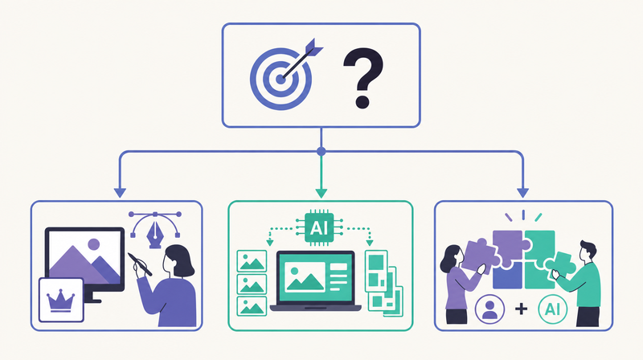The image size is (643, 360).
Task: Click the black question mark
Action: click(363, 78)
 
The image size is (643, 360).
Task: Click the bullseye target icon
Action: click(281, 79)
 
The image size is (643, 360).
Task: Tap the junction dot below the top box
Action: click(321, 151)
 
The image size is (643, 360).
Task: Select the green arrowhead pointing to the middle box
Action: click(321, 193)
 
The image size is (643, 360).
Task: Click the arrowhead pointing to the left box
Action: click(120, 193)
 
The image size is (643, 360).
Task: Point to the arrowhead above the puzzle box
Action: click(522, 193)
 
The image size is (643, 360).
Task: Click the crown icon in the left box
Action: click(61, 301)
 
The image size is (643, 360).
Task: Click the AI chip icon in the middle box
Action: click(319, 227)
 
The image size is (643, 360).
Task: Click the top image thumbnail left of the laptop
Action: click(252, 261)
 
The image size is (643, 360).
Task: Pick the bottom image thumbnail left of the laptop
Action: click(252, 306)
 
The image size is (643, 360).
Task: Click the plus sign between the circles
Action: click(521, 309)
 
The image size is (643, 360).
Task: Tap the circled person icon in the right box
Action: click(489, 309)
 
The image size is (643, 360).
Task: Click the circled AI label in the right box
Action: click(553, 309)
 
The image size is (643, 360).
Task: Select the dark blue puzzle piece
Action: click(507, 275)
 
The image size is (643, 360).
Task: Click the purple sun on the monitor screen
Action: click(94, 244)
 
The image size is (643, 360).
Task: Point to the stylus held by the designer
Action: click(139, 264)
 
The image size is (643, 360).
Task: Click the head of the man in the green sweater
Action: click(588, 251)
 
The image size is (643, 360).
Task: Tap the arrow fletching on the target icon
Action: click(314, 47)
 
